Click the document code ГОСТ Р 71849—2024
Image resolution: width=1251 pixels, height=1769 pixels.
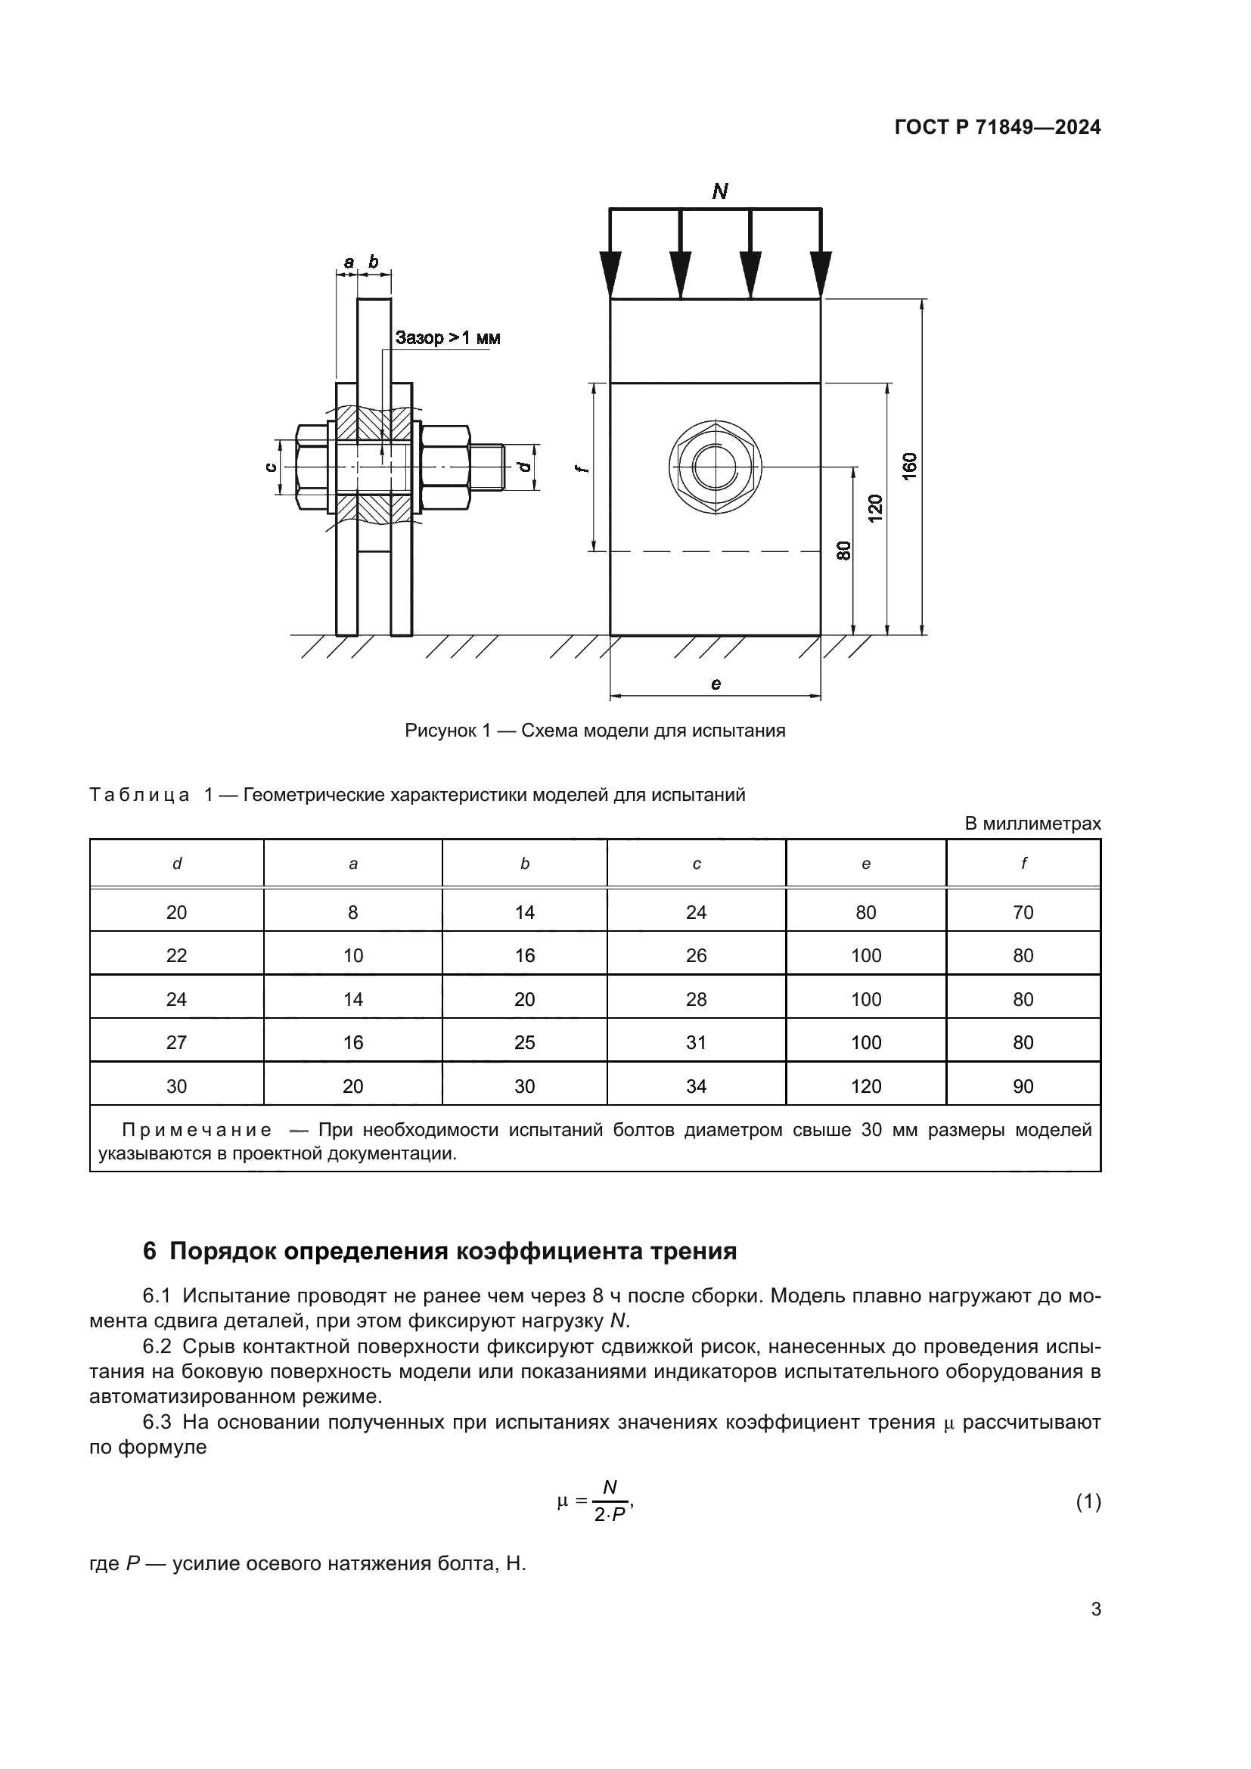pos(997,128)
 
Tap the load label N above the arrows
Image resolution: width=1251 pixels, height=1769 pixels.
pos(719,191)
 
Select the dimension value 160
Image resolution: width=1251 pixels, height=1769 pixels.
pos(910,467)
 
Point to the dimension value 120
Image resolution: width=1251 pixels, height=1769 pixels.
pos(875,508)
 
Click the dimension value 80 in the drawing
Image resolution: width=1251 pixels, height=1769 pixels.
pos(843,550)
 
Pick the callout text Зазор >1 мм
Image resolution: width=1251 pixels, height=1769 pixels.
pos(448,337)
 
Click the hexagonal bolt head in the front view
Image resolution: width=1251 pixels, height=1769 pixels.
pos(716,467)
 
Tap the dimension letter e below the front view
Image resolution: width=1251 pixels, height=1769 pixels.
pos(716,684)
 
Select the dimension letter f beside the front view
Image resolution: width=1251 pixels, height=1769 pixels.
pos(584,467)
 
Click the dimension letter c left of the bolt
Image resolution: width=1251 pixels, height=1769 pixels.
pos(269,467)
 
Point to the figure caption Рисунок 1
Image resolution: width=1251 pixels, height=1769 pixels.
pos(594,731)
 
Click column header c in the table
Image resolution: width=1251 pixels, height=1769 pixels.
pos(697,864)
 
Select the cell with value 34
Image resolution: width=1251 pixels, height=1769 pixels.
pos(697,1086)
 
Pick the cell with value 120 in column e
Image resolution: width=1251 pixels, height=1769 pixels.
pos(866,1086)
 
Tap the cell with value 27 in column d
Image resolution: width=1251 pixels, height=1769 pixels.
pos(176,1042)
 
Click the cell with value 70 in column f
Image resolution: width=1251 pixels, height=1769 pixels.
pos(1023,913)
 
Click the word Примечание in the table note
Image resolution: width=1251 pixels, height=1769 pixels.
pos(197,1130)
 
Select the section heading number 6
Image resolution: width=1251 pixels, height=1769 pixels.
pos(150,1252)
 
